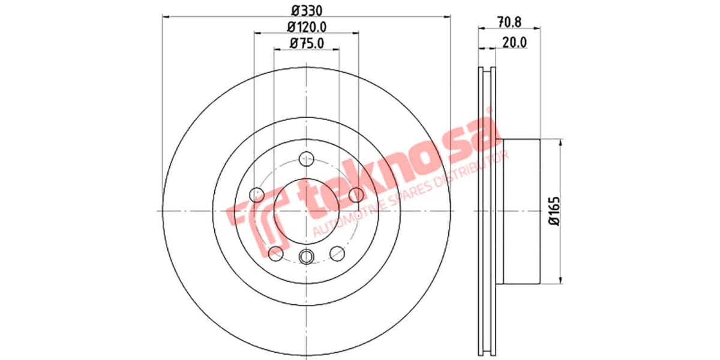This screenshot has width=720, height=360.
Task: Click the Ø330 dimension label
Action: tap(306, 10)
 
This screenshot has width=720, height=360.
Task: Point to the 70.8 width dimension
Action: tap(509, 22)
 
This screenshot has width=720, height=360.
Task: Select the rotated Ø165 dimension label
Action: tap(553, 211)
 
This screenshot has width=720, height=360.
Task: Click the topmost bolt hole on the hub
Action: tap(307, 159)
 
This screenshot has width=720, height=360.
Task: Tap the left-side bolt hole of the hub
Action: tap(257, 194)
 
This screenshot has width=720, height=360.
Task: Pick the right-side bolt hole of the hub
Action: tap(356, 194)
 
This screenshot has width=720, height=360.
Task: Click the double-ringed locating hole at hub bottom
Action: tap(307, 256)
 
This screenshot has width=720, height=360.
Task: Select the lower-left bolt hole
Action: tap(275, 253)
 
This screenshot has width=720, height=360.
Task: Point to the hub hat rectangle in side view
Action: tap(521, 211)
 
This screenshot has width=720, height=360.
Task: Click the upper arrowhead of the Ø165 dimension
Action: tap(561, 143)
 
